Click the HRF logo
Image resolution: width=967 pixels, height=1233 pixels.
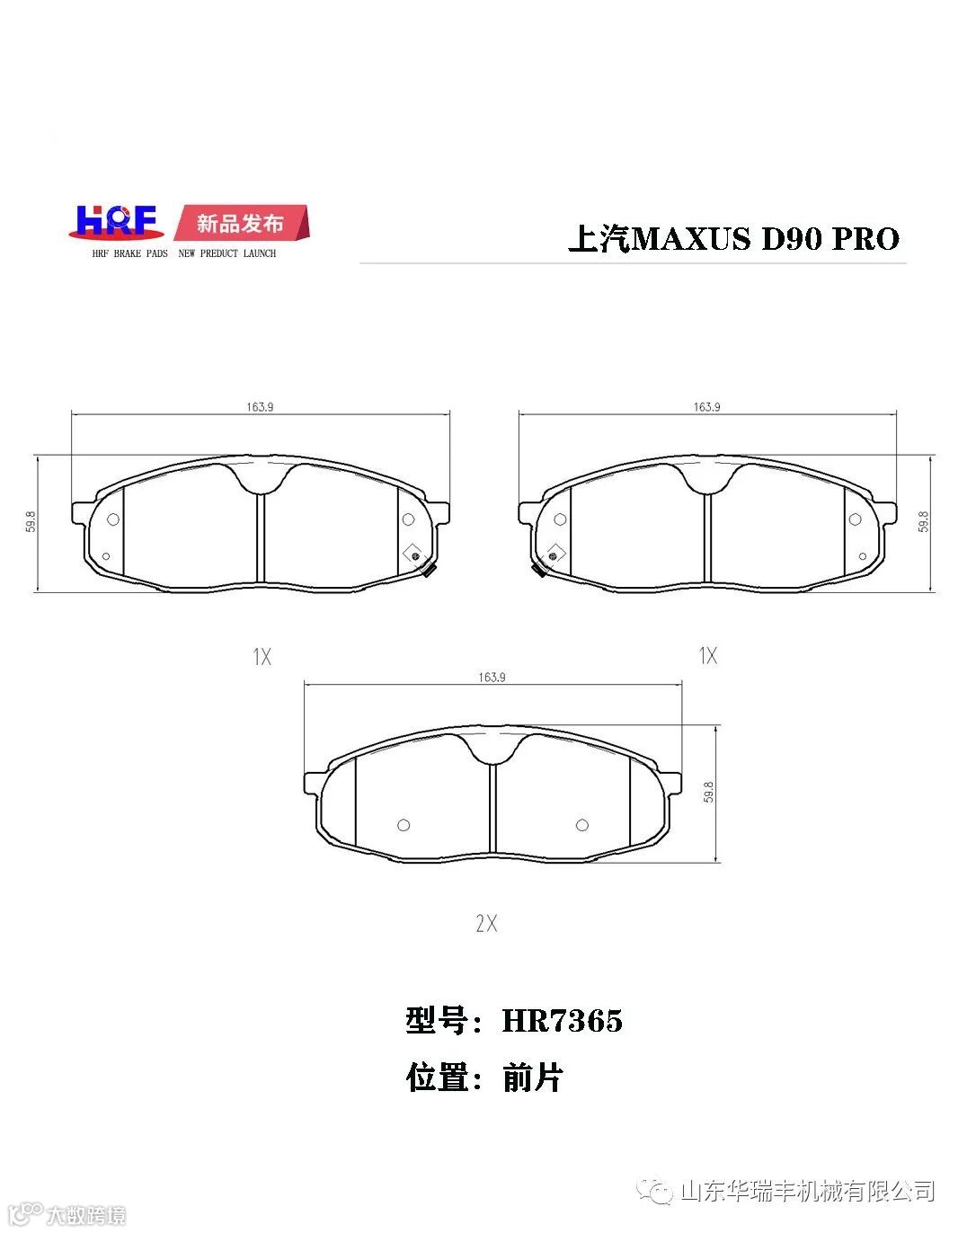click(117, 222)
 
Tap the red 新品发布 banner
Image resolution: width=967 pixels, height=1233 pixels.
click(242, 223)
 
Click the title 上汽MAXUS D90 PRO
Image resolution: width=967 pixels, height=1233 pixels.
click(734, 238)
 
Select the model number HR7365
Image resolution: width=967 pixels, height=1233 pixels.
click(563, 1021)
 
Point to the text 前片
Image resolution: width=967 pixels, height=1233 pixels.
click(532, 1078)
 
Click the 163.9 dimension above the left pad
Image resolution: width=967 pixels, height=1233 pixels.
click(260, 407)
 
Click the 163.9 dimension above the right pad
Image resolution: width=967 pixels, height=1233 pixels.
click(706, 407)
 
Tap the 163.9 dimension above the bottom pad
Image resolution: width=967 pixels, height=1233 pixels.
click(492, 677)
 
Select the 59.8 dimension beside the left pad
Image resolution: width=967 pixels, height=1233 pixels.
click(31, 522)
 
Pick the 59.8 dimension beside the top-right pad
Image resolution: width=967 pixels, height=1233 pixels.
click(924, 522)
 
